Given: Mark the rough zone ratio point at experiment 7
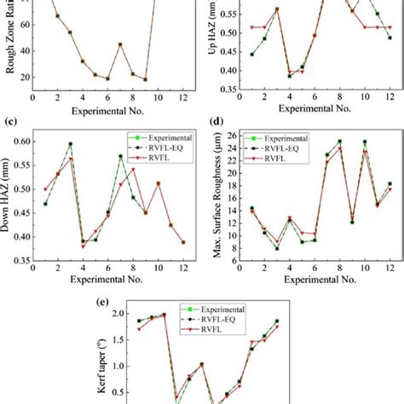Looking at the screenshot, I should click(120, 44).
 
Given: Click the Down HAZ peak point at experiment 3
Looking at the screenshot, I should click(70, 144).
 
